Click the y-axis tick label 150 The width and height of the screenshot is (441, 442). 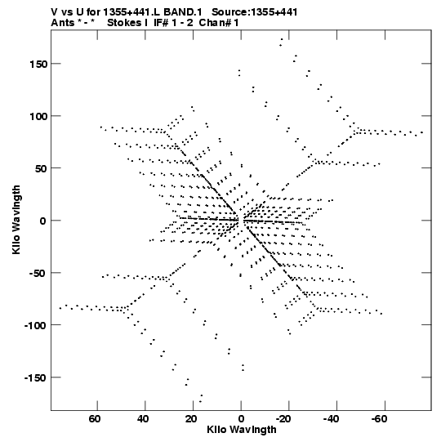tap(38, 64)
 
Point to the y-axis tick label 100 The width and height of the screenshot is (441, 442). tap(38, 116)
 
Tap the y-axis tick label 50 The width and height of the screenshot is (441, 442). tap(42, 168)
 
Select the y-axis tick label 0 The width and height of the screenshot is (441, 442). tap(42, 221)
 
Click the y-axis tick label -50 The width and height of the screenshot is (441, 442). tap(38, 273)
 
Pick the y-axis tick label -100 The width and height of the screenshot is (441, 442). tap(35, 326)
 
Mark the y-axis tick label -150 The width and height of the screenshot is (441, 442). tap(35, 377)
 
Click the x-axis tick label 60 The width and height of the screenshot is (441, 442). tap(95, 419)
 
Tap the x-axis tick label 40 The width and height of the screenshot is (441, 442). tap(143, 419)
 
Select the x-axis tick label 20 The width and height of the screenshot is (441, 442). tap(191, 419)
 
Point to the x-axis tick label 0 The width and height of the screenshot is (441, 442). tap(241, 419)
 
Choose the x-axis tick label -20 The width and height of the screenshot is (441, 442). tap(283, 419)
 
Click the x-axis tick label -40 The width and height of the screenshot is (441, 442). tap(331, 419)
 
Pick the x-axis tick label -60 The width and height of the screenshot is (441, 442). tap(379, 419)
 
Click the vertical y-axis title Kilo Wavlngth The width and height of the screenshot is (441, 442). tap(16, 220)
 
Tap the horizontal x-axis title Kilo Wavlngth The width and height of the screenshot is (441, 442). tap(242, 430)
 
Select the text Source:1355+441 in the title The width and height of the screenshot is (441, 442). tap(254, 12)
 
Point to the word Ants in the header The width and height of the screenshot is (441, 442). tap(62, 23)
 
